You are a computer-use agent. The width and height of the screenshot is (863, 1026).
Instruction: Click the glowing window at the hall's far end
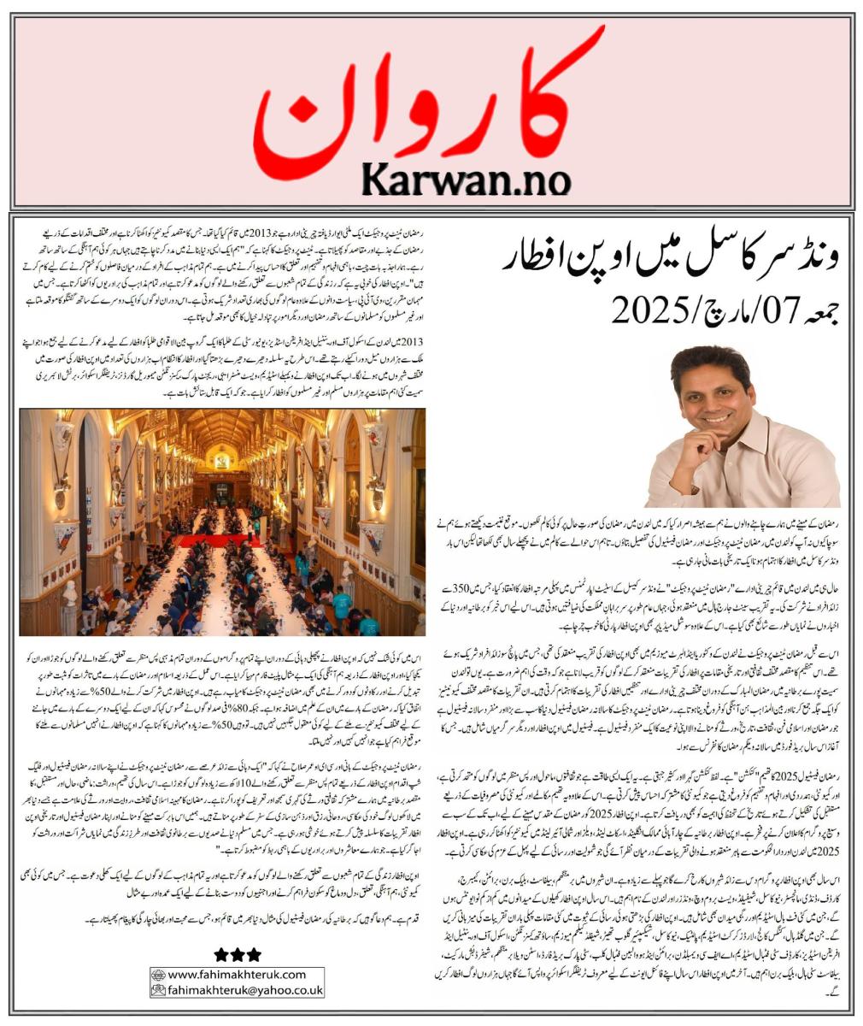click(x=221, y=460)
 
